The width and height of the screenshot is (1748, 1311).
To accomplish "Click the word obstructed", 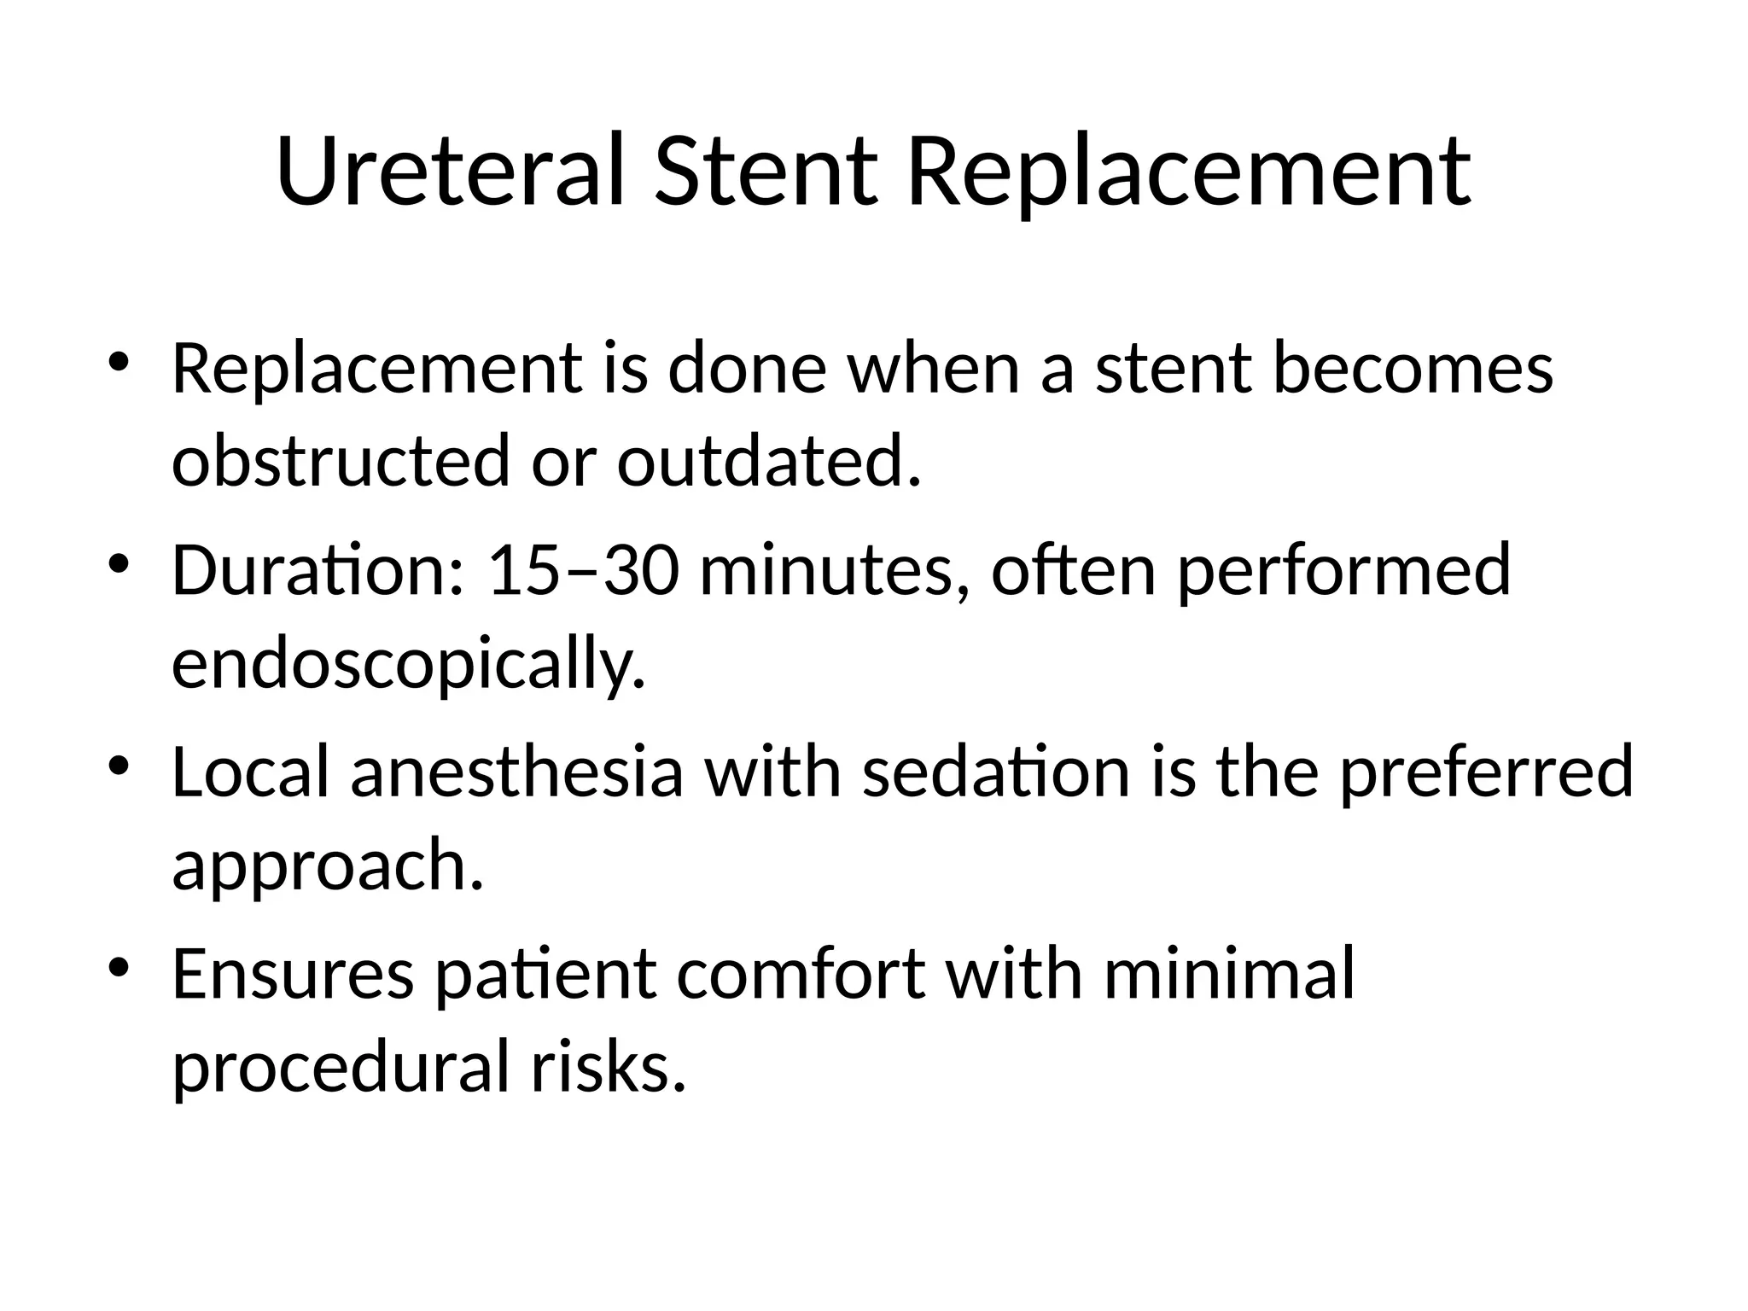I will [341, 461].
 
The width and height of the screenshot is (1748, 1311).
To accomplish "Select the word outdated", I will [768, 461].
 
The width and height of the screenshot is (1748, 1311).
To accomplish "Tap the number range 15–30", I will [584, 570].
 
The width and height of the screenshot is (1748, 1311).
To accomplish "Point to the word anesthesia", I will [517, 772].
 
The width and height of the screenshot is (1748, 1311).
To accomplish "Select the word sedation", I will [995, 772].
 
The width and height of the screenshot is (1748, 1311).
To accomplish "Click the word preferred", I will [1485, 772].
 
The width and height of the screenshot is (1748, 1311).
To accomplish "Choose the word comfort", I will [801, 973].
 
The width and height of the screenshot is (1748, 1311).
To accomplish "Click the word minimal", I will [1229, 973].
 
